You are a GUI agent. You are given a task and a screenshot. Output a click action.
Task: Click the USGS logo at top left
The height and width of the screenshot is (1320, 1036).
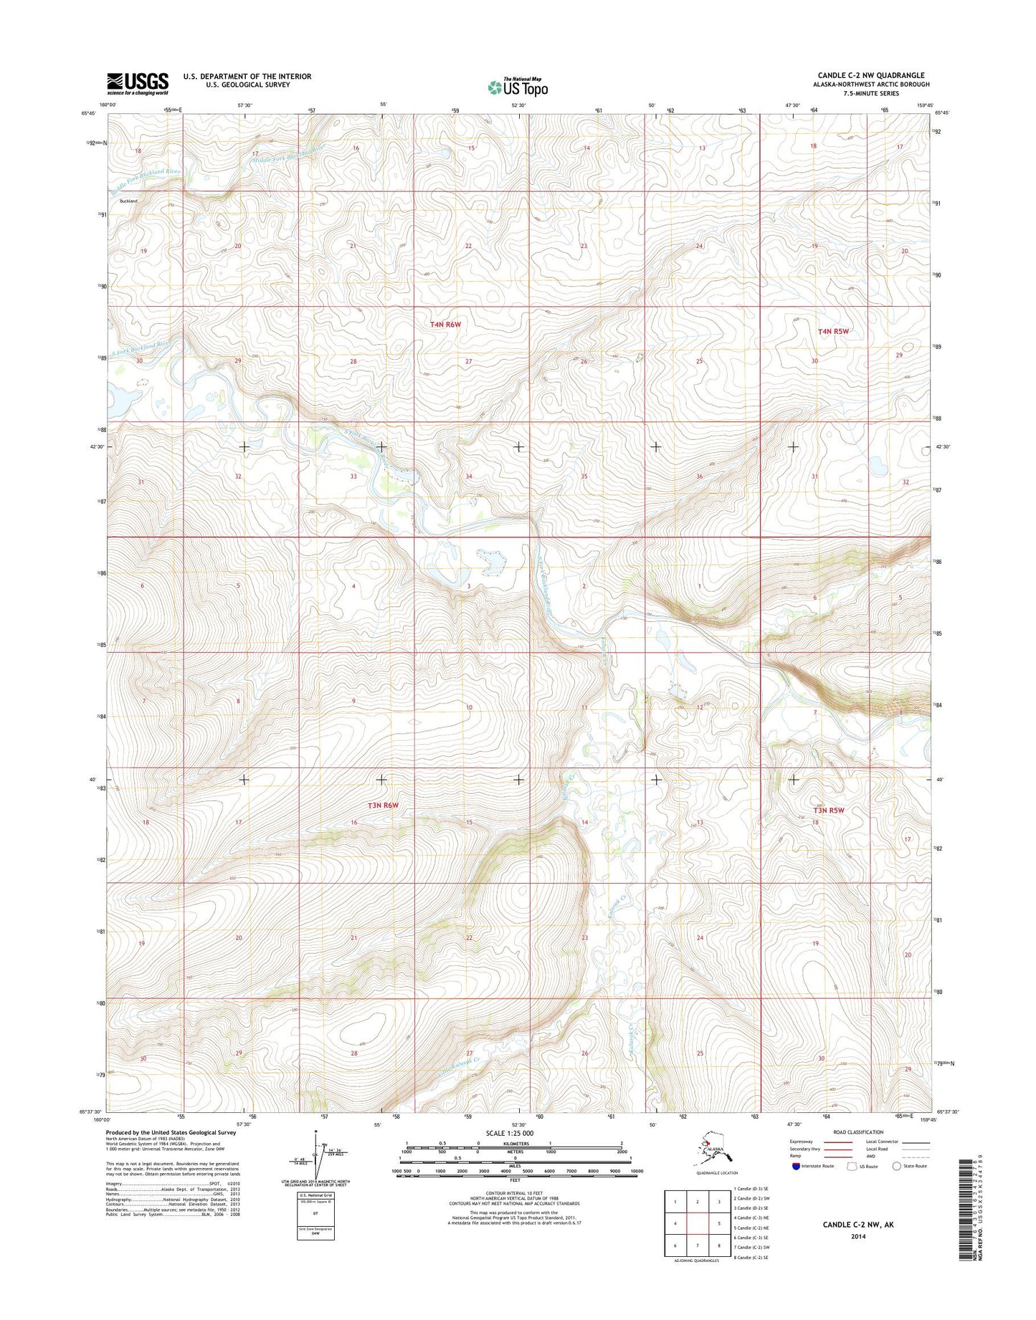click(x=138, y=83)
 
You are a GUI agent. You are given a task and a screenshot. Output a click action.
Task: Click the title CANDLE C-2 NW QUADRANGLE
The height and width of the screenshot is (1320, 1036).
click(x=870, y=75)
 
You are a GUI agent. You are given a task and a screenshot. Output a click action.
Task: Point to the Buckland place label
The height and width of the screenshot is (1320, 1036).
click(x=128, y=201)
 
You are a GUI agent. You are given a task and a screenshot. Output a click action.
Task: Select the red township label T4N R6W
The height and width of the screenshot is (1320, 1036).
click(x=445, y=325)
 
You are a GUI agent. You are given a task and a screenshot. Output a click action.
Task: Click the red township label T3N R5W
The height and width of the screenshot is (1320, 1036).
click(x=828, y=810)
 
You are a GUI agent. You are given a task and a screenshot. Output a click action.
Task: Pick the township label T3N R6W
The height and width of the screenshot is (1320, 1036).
click(x=383, y=805)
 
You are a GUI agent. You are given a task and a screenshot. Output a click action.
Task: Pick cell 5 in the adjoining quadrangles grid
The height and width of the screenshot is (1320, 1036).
click(x=720, y=1224)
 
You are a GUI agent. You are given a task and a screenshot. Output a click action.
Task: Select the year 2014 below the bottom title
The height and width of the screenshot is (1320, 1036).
click(x=858, y=1236)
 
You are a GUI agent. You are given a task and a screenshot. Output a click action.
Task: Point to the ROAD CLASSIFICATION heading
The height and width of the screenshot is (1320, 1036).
click(x=858, y=1132)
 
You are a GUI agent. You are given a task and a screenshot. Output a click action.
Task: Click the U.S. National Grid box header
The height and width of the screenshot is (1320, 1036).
click(x=315, y=1195)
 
